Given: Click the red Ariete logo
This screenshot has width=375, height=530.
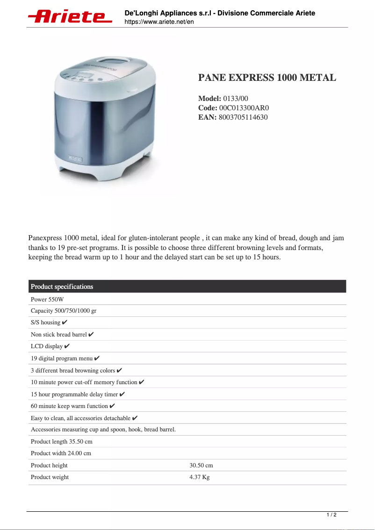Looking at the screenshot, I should coord(70,17).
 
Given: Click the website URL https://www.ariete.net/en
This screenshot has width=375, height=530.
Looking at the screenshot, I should coord(159,21).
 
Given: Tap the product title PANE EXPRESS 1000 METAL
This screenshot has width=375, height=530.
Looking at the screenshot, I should coord(267,78).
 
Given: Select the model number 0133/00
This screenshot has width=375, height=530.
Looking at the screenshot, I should coord(236,98).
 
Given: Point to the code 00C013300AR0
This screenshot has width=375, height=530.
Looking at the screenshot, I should coord(244,107).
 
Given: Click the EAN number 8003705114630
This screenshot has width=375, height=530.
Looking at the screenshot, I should coord(243,117).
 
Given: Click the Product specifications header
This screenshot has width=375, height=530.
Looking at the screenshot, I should coord(62,286).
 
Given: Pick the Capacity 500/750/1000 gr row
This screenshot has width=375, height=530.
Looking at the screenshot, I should coord(64,311).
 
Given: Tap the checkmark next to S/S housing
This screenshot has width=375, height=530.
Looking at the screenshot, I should coord(65,322).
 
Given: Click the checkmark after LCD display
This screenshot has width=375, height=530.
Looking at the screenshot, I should coord(67,346).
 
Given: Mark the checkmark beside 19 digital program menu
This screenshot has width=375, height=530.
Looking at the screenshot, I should coord(97,358).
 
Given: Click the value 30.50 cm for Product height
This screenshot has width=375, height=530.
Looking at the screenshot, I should coord(201,466).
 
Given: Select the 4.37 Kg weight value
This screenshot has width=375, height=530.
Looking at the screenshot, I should coord(200,477).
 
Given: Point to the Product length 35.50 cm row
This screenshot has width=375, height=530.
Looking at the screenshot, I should coord(62,442).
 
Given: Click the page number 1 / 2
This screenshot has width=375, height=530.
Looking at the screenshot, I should coord(331,515).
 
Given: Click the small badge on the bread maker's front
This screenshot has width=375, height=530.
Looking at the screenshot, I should coord(75,159).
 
